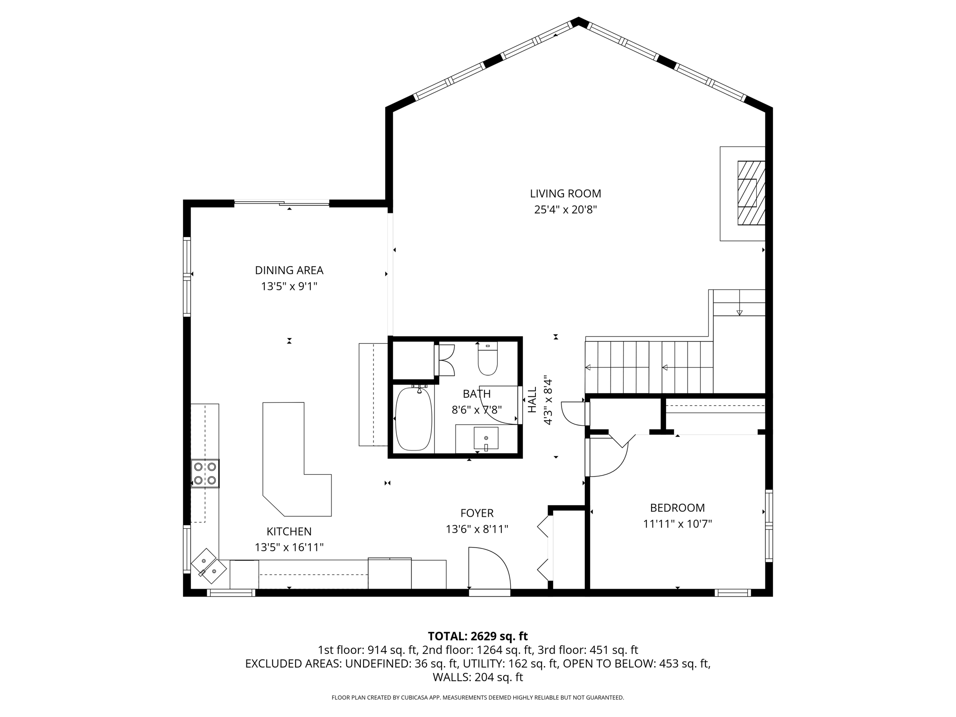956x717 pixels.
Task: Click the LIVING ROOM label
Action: click(565, 193)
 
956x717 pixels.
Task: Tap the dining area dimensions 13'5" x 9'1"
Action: click(289, 286)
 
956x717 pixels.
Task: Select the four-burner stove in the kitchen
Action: click(205, 473)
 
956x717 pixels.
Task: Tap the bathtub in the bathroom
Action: click(414, 419)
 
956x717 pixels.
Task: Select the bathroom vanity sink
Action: click(486, 438)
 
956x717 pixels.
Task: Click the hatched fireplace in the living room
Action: click(751, 193)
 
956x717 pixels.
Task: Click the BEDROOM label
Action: click(677, 507)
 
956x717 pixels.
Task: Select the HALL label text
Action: click(532, 400)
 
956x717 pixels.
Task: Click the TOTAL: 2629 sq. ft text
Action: click(478, 636)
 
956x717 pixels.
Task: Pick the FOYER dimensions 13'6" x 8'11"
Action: click(477, 529)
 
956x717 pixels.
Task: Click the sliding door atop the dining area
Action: click(282, 203)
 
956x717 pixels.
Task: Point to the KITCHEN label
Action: click(289, 531)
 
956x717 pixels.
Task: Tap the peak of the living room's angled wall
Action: click(578, 21)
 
